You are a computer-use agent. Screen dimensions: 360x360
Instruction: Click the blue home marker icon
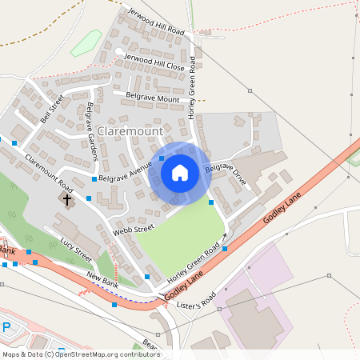pyautogui.click(x=180, y=172)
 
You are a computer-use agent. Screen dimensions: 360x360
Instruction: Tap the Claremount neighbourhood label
pyautogui.click(x=130, y=130)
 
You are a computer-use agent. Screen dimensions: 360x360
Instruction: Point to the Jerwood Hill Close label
pyautogui.click(x=154, y=63)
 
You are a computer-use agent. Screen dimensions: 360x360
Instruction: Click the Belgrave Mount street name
pyautogui.click(x=152, y=98)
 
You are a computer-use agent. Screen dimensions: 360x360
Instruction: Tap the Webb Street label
pyautogui.click(x=132, y=230)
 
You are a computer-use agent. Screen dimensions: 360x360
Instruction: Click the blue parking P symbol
pyautogui.click(x=6, y=328)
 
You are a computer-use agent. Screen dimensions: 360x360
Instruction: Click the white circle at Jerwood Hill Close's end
pyautogui.click(x=119, y=54)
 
